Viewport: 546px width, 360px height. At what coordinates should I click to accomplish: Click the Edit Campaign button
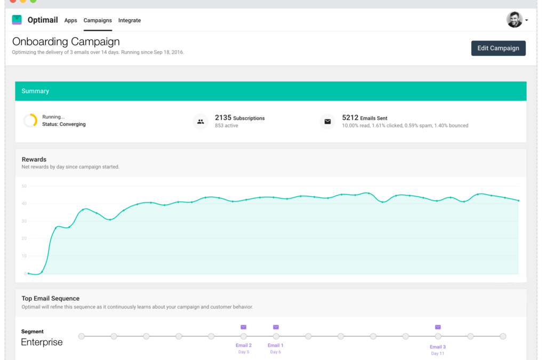click(x=498, y=48)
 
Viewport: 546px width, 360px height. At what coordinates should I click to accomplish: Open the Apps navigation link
click(x=70, y=20)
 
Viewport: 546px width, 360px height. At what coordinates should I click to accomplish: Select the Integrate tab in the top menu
click(x=130, y=20)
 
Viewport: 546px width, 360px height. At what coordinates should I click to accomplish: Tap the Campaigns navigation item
click(x=98, y=20)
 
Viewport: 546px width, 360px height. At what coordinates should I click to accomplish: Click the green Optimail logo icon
click(x=17, y=20)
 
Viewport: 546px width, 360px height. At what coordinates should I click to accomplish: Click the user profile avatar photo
click(x=514, y=20)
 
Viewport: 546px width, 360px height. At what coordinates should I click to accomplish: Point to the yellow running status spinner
click(x=30, y=121)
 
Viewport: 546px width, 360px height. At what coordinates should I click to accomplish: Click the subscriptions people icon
click(x=200, y=122)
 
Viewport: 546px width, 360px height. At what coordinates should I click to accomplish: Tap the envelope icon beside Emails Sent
click(x=327, y=122)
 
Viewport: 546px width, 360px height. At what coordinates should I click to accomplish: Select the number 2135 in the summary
click(x=223, y=117)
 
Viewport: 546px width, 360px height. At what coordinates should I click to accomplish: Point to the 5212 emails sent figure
click(x=350, y=117)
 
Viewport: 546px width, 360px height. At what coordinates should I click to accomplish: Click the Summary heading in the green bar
click(x=35, y=91)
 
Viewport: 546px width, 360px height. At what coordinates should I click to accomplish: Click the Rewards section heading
click(x=34, y=159)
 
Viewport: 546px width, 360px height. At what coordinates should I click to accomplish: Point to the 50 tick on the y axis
click(x=24, y=186)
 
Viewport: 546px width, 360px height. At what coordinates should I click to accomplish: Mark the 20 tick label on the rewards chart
click(x=24, y=238)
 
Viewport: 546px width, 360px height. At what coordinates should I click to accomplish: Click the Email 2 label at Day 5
click(x=244, y=346)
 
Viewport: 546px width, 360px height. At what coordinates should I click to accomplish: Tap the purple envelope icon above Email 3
click(x=438, y=327)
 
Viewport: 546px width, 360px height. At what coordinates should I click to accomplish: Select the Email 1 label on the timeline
click(x=275, y=346)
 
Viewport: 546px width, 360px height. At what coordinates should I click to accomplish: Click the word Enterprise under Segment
click(x=42, y=342)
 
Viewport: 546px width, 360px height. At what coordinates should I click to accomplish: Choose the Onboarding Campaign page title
click(x=66, y=42)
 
